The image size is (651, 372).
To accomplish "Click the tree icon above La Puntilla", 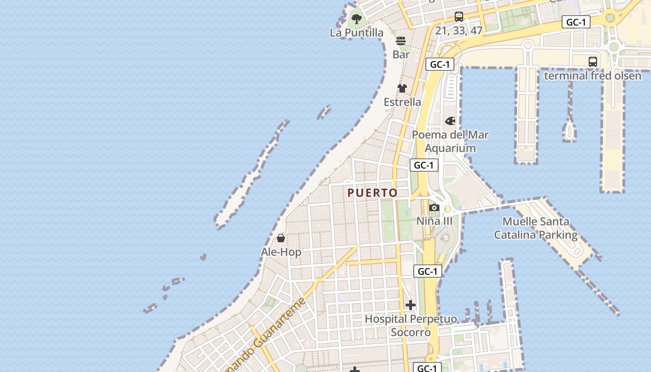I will click(x=357, y=19).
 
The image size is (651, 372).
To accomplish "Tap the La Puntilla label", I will click(x=357, y=33).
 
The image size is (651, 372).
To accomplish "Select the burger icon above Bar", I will click(x=401, y=41).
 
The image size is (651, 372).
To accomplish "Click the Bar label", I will click(x=401, y=54).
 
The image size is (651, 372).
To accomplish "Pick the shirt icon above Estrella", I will click(x=402, y=88).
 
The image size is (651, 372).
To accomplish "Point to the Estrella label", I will click(x=402, y=102).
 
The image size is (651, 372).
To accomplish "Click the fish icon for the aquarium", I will click(x=450, y=121).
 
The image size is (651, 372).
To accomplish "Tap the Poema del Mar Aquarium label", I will click(x=450, y=141).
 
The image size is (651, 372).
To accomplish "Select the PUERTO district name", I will click(x=372, y=193).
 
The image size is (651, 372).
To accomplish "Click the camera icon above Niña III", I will click(x=434, y=207).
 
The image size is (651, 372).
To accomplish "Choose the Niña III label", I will click(x=434, y=221).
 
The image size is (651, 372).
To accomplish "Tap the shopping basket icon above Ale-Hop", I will click(x=281, y=239).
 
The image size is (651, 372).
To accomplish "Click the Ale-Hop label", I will click(x=281, y=252).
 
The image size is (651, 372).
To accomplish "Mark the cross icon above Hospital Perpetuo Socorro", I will click(x=411, y=305).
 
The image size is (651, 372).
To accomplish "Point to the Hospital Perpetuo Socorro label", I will click(x=411, y=325).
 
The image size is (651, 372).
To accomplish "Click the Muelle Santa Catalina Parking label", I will click(x=536, y=228).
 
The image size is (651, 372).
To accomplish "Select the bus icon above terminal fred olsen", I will click(x=593, y=62).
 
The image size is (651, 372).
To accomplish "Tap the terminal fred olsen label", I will click(x=593, y=75).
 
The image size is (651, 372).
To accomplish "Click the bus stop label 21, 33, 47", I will click(x=459, y=31).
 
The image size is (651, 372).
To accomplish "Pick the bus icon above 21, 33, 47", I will click(x=459, y=17).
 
